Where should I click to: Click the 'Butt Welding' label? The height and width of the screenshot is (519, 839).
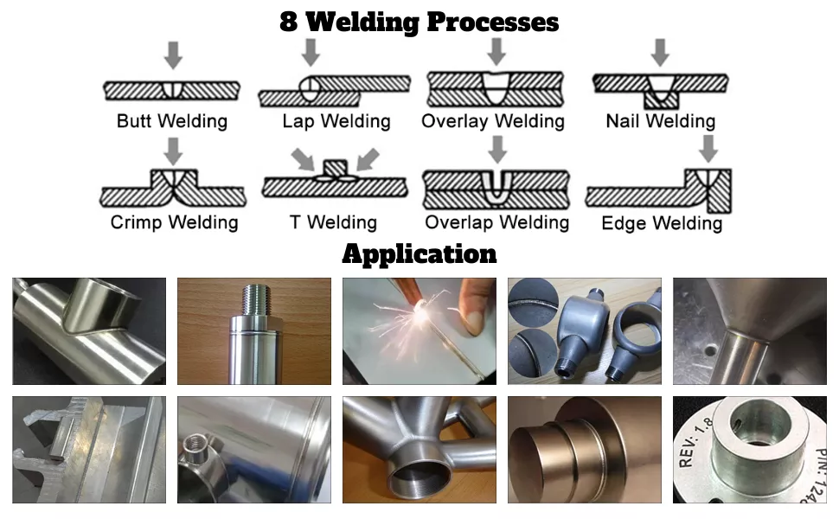pyautogui.click(x=172, y=121)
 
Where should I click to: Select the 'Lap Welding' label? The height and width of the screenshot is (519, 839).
pyautogui.click(x=336, y=121)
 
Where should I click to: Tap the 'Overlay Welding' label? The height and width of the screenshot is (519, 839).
pyautogui.click(x=493, y=121)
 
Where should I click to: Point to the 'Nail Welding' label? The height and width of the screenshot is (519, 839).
pyautogui.click(x=661, y=121)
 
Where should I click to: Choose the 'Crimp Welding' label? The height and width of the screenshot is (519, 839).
pyautogui.click(x=174, y=222)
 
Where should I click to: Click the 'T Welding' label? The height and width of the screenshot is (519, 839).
pyautogui.click(x=333, y=222)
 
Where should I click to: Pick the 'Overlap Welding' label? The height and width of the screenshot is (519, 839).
pyautogui.click(x=496, y=222)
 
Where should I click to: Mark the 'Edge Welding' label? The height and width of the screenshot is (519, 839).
pyautogui.click(x=662, y=224)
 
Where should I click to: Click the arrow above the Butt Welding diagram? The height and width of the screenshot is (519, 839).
pyautogui.click(x=174, y=54)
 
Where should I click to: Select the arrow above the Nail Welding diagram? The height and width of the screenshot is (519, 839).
pyautogui.click(x=660, y=51)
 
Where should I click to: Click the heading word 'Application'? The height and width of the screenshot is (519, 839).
pyautogui.click(x=419, y=254)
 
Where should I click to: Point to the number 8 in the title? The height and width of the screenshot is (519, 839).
pyautogui.click(x=289, y=22)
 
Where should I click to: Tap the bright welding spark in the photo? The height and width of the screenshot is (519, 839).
pyautogui.click(x=421, y=322)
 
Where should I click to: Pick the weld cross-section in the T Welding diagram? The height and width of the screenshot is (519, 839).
pyautogui.click(x=333, y=177)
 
